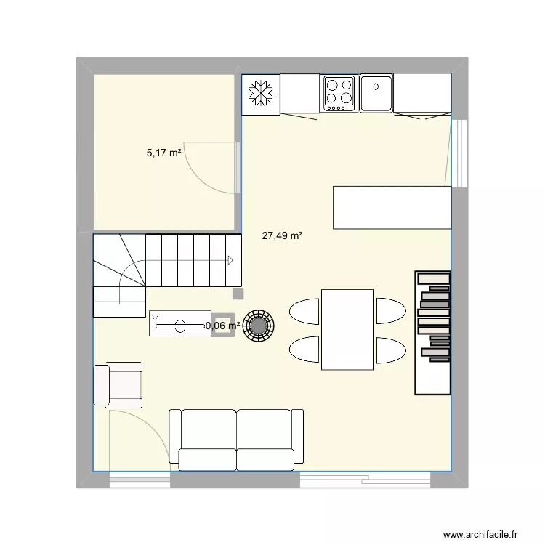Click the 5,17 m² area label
[164, 153]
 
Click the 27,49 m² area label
[282, 235]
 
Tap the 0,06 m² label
[222, 326]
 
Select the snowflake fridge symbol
[260, 94]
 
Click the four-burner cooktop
[338, 93]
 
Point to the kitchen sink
[376, 93]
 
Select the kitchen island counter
[392, 207]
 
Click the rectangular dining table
[347, 328]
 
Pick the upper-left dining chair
[304, 310]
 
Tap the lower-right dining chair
[390, 350]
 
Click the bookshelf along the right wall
[432, 332]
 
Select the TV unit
[178, 324]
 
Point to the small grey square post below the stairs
[238, 294]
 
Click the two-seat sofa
[236, 439]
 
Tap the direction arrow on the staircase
[230, 260]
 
